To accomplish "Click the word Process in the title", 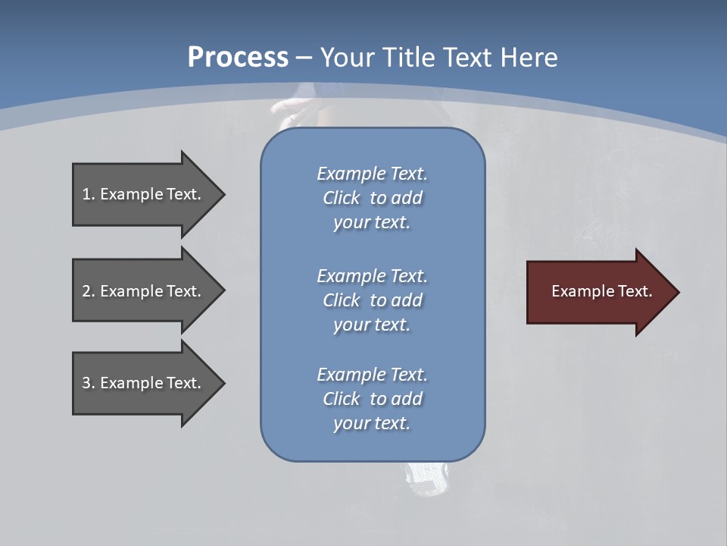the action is click(238, 58).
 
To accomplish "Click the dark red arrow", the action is click(598, 292).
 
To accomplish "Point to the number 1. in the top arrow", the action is click(89, 194).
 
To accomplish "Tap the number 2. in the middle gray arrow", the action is click(89, 291).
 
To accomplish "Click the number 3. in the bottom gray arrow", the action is click(89, 383).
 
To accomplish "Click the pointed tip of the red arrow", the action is click(676, 292).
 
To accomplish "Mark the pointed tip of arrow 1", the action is click(223, 194).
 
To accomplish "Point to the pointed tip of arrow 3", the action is click(223, 383).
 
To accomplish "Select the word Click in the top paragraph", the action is click(342, 199).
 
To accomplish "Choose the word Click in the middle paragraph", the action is click(342, 300).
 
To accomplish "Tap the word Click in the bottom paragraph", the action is click(342, 399).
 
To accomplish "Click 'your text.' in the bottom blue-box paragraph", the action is click(372, 423).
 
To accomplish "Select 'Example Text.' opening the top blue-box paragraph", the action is click(372, 174).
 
